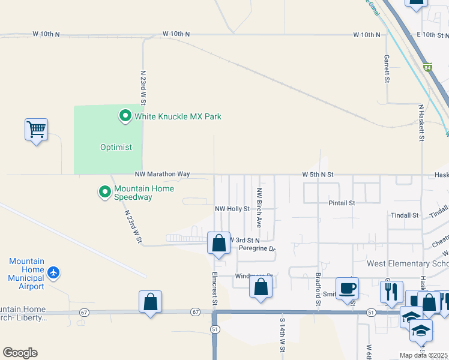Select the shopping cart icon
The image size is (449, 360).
point(36,129)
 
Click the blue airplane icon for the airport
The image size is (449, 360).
point(54,273)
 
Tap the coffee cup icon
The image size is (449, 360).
point(346,288)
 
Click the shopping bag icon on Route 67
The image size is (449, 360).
point(150,302)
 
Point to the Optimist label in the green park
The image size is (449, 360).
point(116,147)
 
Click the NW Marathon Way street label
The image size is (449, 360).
point(162,174)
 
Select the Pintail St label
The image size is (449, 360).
point(342,203)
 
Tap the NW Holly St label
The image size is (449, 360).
point(232,209)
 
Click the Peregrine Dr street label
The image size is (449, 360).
point(256,248)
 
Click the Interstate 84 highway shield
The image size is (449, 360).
point(427,68)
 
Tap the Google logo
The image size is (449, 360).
point(20,353)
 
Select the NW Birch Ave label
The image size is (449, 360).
point(259,208)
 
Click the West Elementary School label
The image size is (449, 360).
point(408,264)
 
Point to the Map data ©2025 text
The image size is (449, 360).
point(423,355)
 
